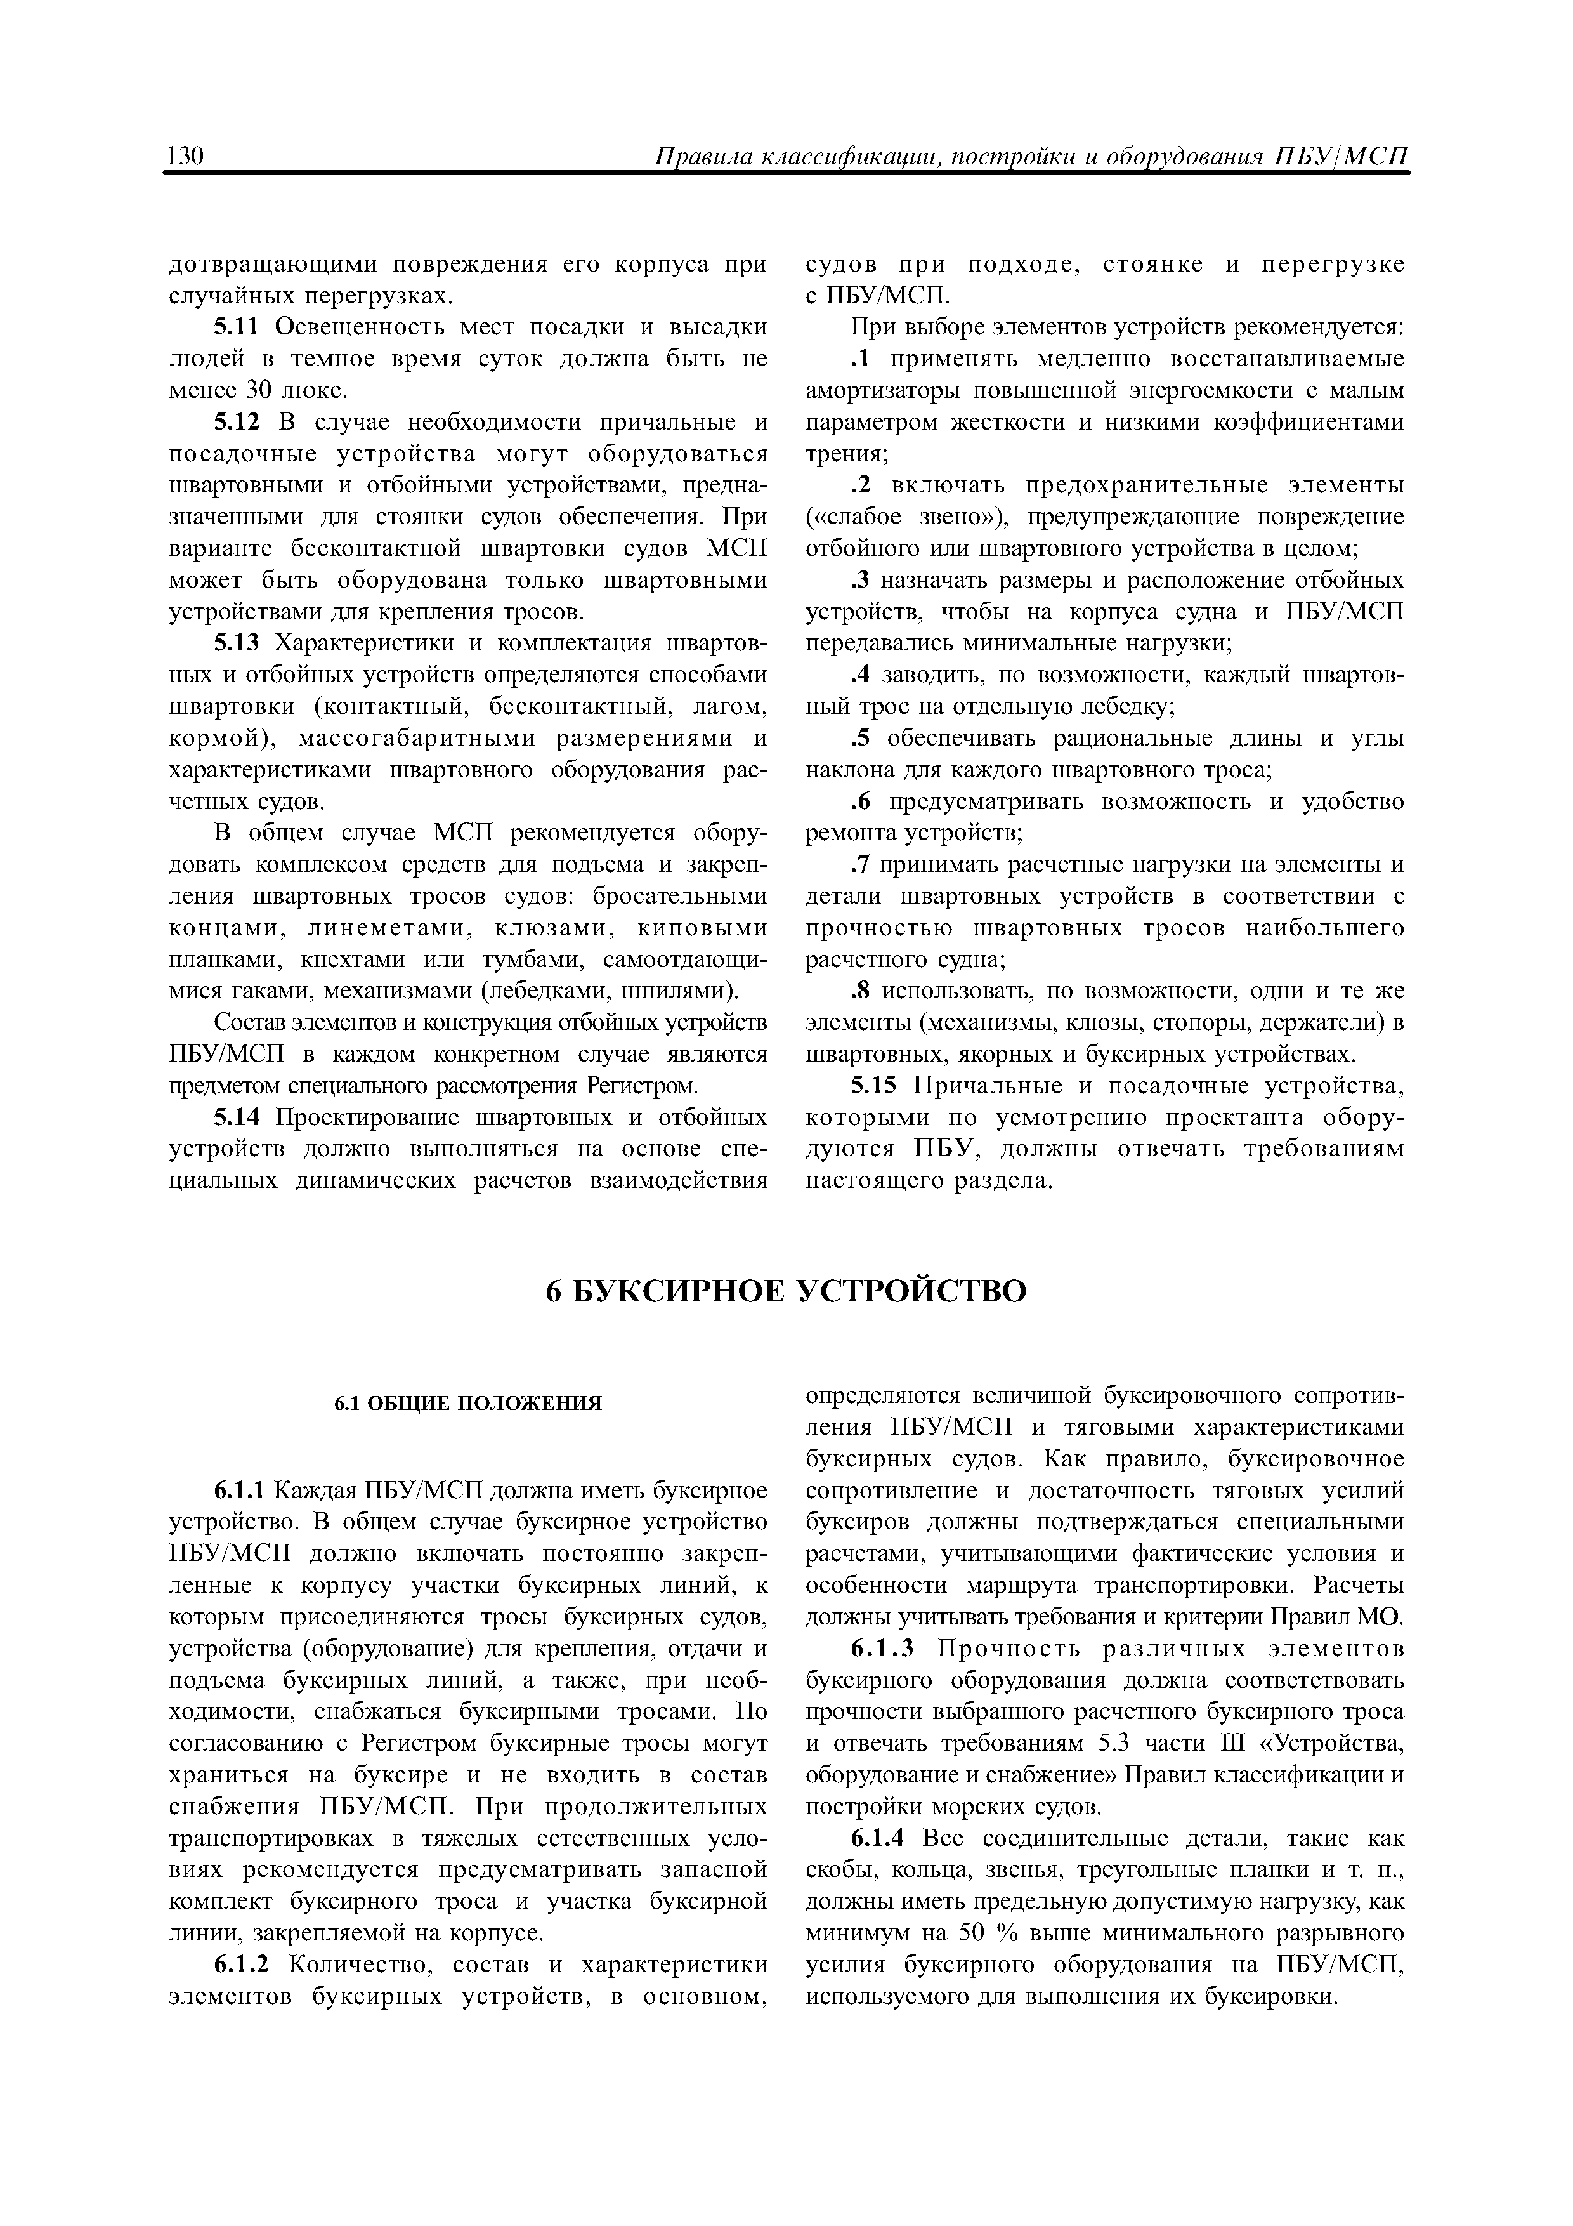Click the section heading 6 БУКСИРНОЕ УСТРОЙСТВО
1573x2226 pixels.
tap(786, 1291)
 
